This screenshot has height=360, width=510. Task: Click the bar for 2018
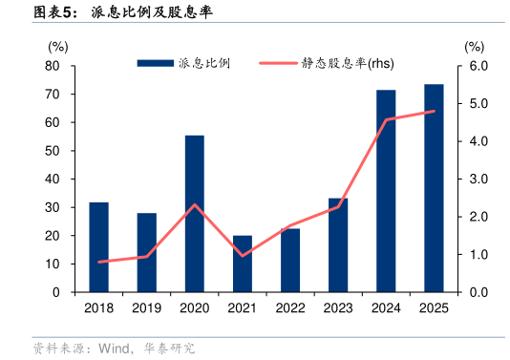[98, 247]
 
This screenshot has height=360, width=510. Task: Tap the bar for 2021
[243, 264]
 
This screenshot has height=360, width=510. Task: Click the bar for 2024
[386, 191]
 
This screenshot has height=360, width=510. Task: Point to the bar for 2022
[290, 260]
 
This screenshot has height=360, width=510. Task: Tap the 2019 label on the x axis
[146, 307]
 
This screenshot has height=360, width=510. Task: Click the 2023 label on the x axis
[338, 307]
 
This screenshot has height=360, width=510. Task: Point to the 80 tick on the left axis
[53, 66]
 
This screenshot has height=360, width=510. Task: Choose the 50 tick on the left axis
[53, 151]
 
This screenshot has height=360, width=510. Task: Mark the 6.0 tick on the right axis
[477, 66]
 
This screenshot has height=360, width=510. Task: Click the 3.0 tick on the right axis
[477, 180]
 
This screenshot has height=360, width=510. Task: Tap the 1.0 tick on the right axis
[477, 255]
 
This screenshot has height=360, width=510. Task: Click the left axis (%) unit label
[57, 46]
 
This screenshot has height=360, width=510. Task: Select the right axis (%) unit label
[475, 46]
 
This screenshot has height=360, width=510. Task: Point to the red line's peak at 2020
[194, 204]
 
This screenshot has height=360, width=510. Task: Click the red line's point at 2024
[386, 120]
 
